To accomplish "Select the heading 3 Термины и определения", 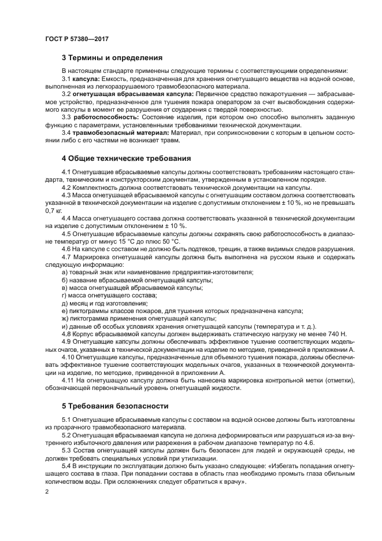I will (112, 58).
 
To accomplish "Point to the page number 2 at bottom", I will (46, 491).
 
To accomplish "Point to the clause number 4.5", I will (66, 233).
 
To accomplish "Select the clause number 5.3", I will (66, 450).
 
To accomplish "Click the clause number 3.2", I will (66, 94).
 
